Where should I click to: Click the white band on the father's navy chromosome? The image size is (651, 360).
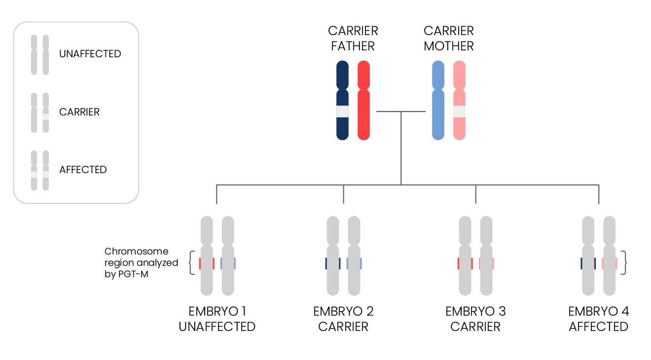click(x=342, y=112)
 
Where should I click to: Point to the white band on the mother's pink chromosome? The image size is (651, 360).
click(x=459, y=112)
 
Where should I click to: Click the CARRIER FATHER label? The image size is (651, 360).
click(x=353, y=38)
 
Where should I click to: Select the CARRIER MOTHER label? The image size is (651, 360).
click(x=448, y=38)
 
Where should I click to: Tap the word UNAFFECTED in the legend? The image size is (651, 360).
click(x=90, y=54)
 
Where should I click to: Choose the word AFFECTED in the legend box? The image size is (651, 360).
click(x=83, y=170)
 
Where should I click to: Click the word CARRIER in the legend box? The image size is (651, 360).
click(x=79, y=112)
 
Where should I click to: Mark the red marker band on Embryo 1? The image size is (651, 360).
click(x=207, y=263)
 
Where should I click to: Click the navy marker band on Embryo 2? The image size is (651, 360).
click(x=333, y=263)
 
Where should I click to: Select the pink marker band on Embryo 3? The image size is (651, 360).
click(x=486, y=263)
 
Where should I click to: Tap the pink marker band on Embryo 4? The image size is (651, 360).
click(x=609, y=263)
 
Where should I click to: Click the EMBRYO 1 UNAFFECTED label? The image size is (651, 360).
click(x=217, y=319)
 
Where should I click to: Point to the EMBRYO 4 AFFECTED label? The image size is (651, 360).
click(x=598, y=319)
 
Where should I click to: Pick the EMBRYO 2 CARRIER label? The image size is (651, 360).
click(x=343, y=319)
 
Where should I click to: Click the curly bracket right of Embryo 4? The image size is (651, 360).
click(x=624, y=263)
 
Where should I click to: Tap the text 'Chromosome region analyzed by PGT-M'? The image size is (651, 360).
click(x=141, y=263)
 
